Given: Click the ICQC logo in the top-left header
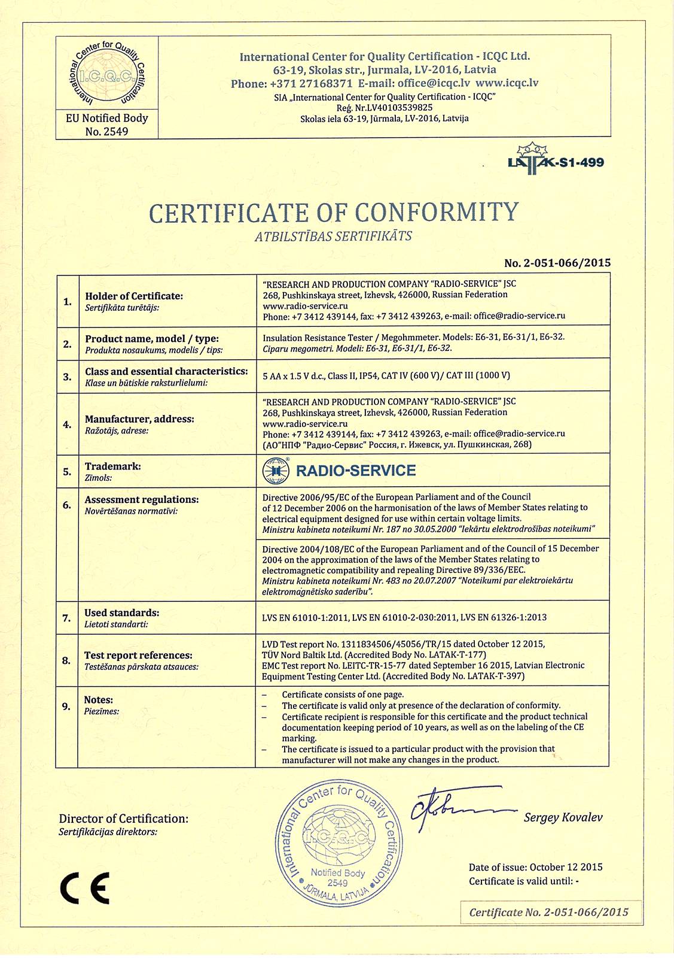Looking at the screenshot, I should pyautogui.click(x=107, y=74).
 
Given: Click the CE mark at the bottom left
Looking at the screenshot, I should pyautogui.click(x=85, y=888).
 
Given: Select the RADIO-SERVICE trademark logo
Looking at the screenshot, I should pyautogui.click(x=340, y=471).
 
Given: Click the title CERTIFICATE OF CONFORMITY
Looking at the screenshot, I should pyautogui.click(x=334, y=212).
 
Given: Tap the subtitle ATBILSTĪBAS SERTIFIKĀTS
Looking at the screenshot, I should pyautogui.click(x=333, y=236).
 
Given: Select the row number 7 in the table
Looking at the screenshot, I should pyautogui.click(x=67, y=618).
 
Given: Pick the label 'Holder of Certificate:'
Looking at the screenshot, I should pyautogui.click(x=134, y=296).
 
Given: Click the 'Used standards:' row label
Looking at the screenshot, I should pyautogui.click(x=121, y=613).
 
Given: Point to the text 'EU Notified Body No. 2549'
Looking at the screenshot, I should pyautogui.click(x=107, y=125).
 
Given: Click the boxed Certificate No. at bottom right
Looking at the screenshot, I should pyautogui.click(x=548, y=912).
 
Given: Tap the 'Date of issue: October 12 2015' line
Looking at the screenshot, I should pyautogui.click(x=535, y=867).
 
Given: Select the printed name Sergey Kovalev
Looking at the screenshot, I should pyautogui.click(x=563, y=817).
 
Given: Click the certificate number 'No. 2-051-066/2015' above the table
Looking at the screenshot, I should pyautogui.click(x=557, y=263).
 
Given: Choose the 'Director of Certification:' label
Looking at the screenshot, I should pyautogui.click(x=123, y=818).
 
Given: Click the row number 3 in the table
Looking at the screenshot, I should pyautogui.click(x=67, y=376).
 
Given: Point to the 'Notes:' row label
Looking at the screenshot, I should pyautogui.click(x=99, y=700).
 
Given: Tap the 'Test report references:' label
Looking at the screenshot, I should pyautogui.click(x=138, y=655).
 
